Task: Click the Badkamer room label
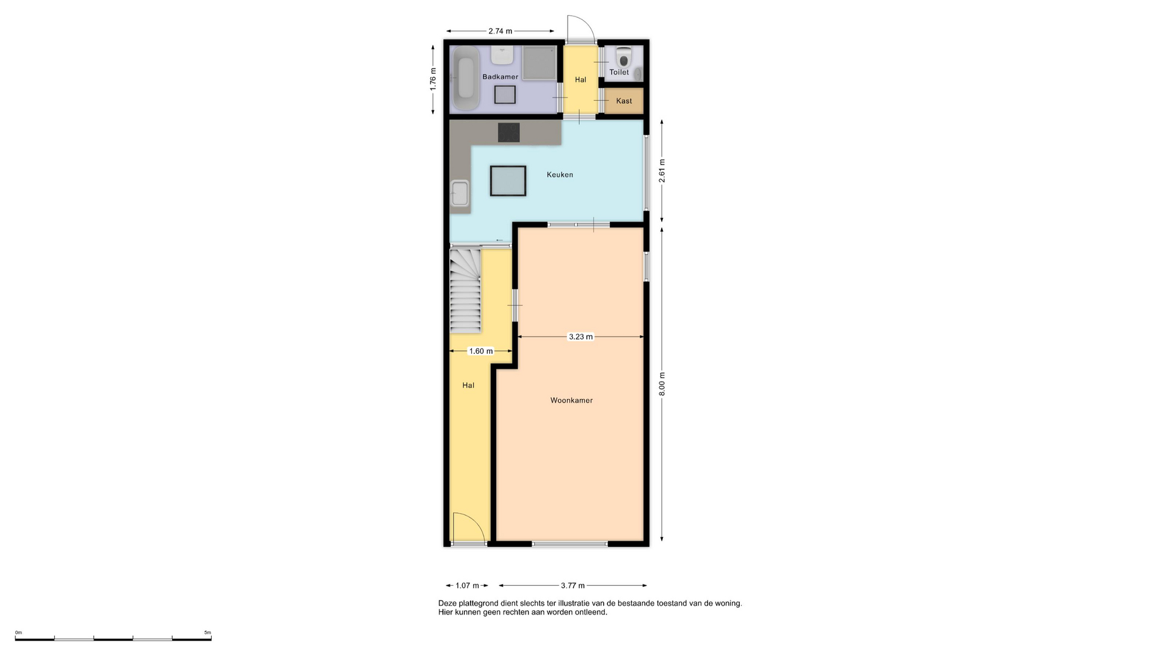point(500,77)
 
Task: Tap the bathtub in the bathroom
point(466,78)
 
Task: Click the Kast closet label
point(624,101)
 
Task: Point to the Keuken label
point(560,175)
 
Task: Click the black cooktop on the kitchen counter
point(508,132)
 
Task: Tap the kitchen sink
point(460,193)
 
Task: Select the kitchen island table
point(508,181)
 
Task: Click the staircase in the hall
point(466,290)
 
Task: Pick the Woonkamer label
point(571,401)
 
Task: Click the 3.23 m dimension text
point(581,337)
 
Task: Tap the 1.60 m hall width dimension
point(480,351)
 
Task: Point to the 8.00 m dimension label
point(662,384)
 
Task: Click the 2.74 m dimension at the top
point(500,31)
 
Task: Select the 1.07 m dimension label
point(467,586)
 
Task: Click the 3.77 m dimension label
point(573,586)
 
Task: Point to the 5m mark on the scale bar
point(208,633)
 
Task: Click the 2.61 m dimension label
point(662,171)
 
